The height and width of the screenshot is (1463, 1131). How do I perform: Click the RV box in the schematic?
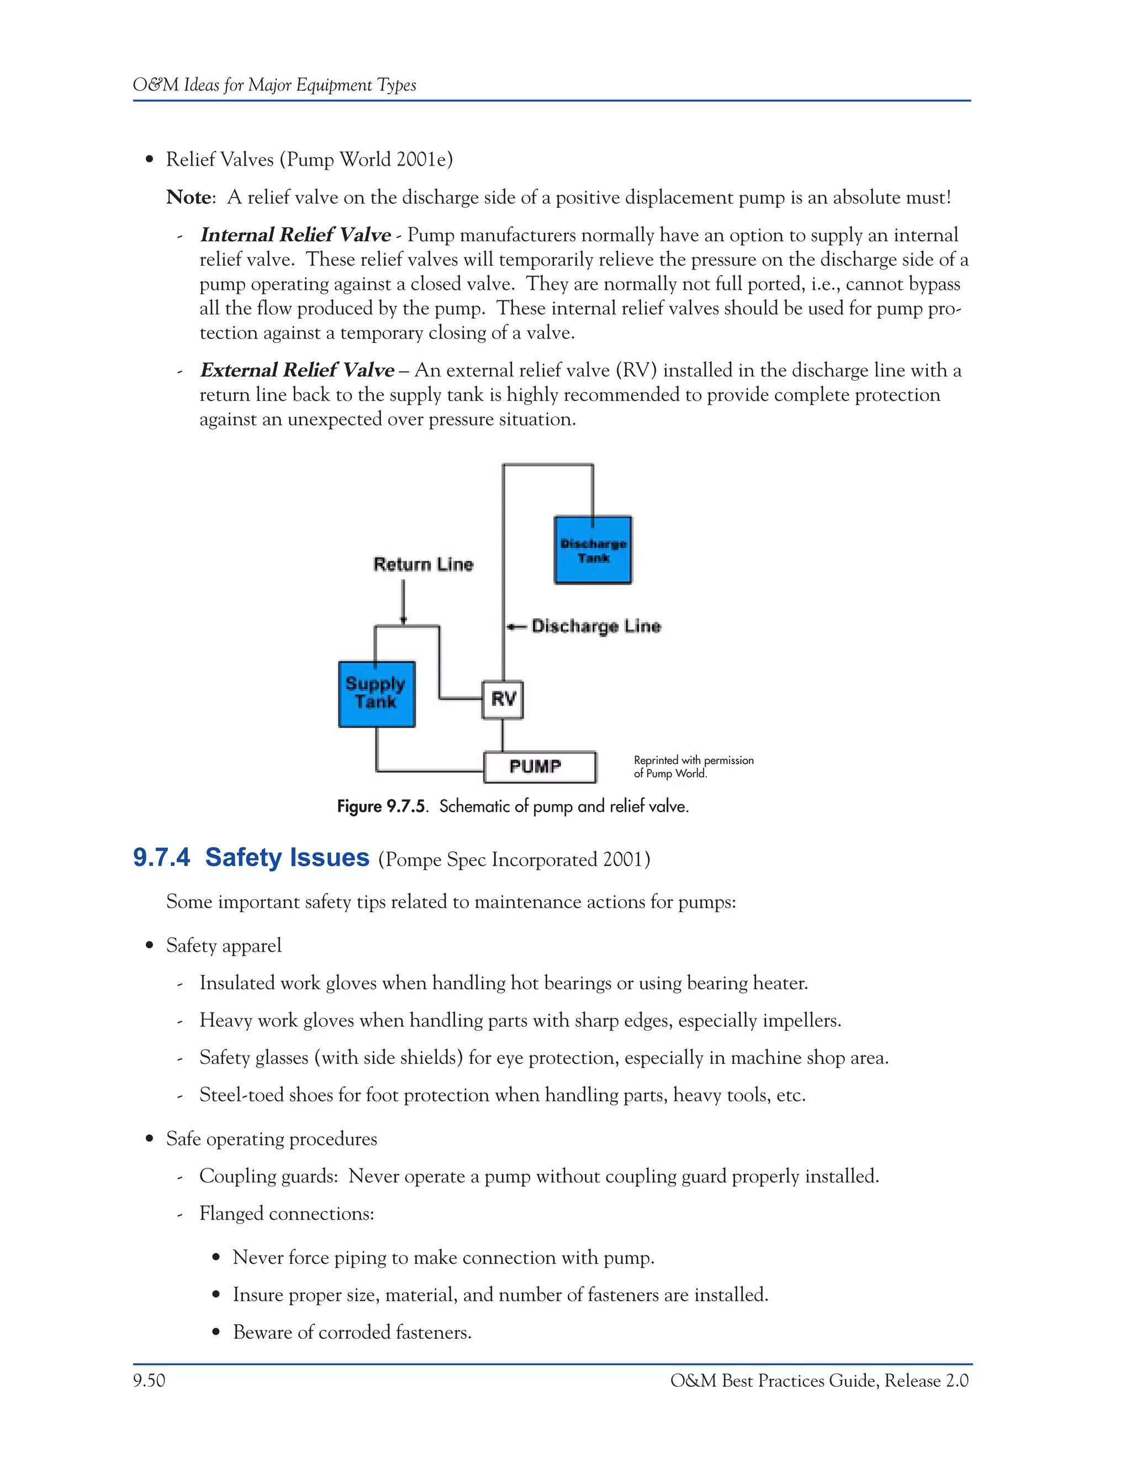pos(503,699)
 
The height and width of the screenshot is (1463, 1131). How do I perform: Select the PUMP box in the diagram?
pos(540,767)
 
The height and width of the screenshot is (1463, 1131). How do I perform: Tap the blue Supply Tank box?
pos(377,694)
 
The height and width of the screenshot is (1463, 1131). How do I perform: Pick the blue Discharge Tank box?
pos(593,550)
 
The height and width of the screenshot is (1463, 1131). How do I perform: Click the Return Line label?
pos(424,565)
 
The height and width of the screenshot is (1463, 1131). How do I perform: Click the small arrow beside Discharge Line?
pos(516,627)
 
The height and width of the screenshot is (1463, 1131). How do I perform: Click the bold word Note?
pos(189,198)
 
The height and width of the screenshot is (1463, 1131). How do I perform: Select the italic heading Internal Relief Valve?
pos(295,235)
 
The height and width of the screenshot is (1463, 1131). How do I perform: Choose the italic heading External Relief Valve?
pos(297,370)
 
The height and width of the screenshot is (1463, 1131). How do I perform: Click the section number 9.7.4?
pos(161,857)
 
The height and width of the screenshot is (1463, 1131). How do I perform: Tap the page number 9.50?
pos(149,1381)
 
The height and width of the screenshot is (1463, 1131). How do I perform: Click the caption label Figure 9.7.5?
pos(381,807)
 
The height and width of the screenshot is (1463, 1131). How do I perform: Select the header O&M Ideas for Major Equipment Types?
pos(274,85)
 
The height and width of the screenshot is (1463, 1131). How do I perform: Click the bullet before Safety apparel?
pos(150,946)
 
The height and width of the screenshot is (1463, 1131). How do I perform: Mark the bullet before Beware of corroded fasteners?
pos(216,1332)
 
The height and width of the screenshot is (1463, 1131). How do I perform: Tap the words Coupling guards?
pos(268,1176)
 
